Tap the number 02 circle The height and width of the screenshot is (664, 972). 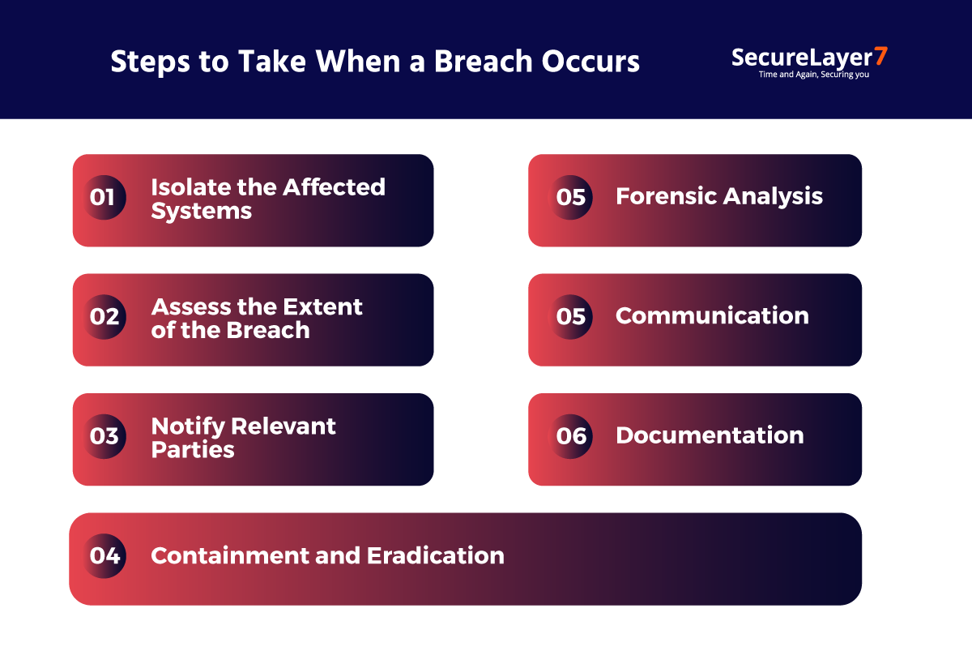tap(104, 316)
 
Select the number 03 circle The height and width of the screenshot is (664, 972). tap(104, 436)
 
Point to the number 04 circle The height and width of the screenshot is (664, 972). tap(104, 556)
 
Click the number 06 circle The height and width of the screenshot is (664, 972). tap(571, 436)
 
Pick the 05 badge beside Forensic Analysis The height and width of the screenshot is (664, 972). tap(571, 197)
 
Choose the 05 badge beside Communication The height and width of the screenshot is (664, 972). tap(571, 316)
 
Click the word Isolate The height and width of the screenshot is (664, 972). tap(190, 187)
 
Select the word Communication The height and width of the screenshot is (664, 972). tap(712, 315)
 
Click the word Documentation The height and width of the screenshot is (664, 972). tap(710, 435)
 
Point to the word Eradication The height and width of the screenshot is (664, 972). tap(436, 555)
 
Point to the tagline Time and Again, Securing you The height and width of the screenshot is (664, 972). tap(813, 75)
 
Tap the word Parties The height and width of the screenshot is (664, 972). tap(192, 450)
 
